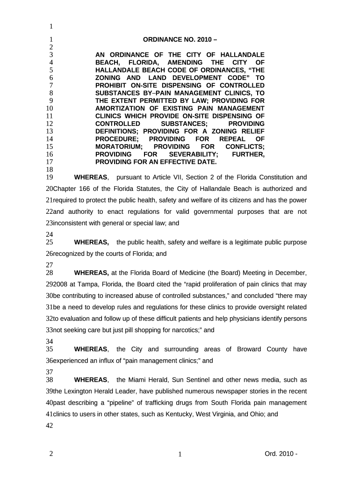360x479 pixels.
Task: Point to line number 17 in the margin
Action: pos(50,162)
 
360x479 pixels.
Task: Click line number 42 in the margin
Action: pos(50,426)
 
